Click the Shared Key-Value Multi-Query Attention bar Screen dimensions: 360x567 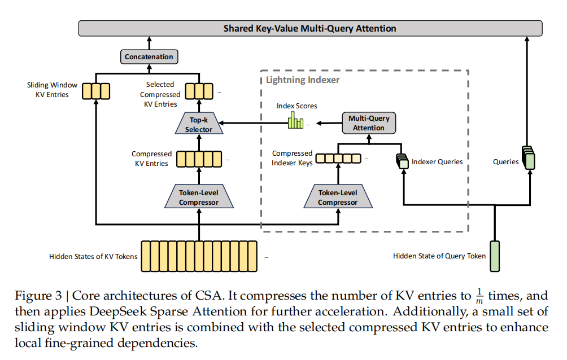tap(309, 28)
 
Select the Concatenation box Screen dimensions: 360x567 tap(149, 57)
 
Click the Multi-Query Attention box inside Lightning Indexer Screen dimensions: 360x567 tap(369, 124)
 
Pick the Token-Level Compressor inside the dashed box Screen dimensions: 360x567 tap(338, 198)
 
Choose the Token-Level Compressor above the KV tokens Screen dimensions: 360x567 tap(199, 198)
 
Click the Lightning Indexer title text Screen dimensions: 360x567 tap(303, 80)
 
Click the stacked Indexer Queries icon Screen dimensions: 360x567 tap(402, 160)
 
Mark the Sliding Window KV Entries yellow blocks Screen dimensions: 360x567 tap(96, 90)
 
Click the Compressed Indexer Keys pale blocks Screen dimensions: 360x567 tap(338, 159)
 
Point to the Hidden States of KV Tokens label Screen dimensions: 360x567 tap(93, 257)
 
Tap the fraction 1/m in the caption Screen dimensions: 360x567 tap(479, 296)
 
